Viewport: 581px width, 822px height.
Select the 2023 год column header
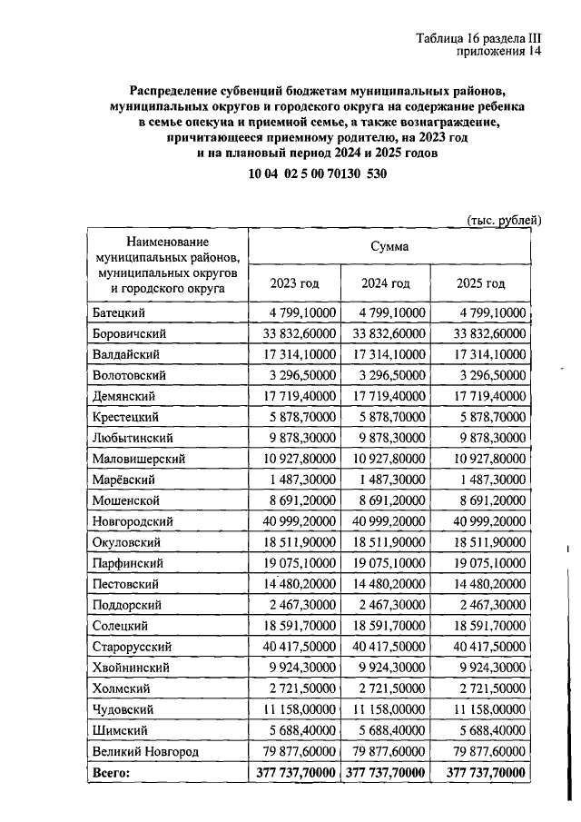tap(294, 283)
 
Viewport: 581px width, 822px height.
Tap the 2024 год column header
tap(387, 283)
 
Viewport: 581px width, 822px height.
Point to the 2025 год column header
tap(480, 283)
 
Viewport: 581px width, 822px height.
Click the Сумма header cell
tap(388, 246)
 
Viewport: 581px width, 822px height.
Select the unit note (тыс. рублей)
tap(504, 221)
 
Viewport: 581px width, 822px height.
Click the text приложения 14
tap(497, 54)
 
